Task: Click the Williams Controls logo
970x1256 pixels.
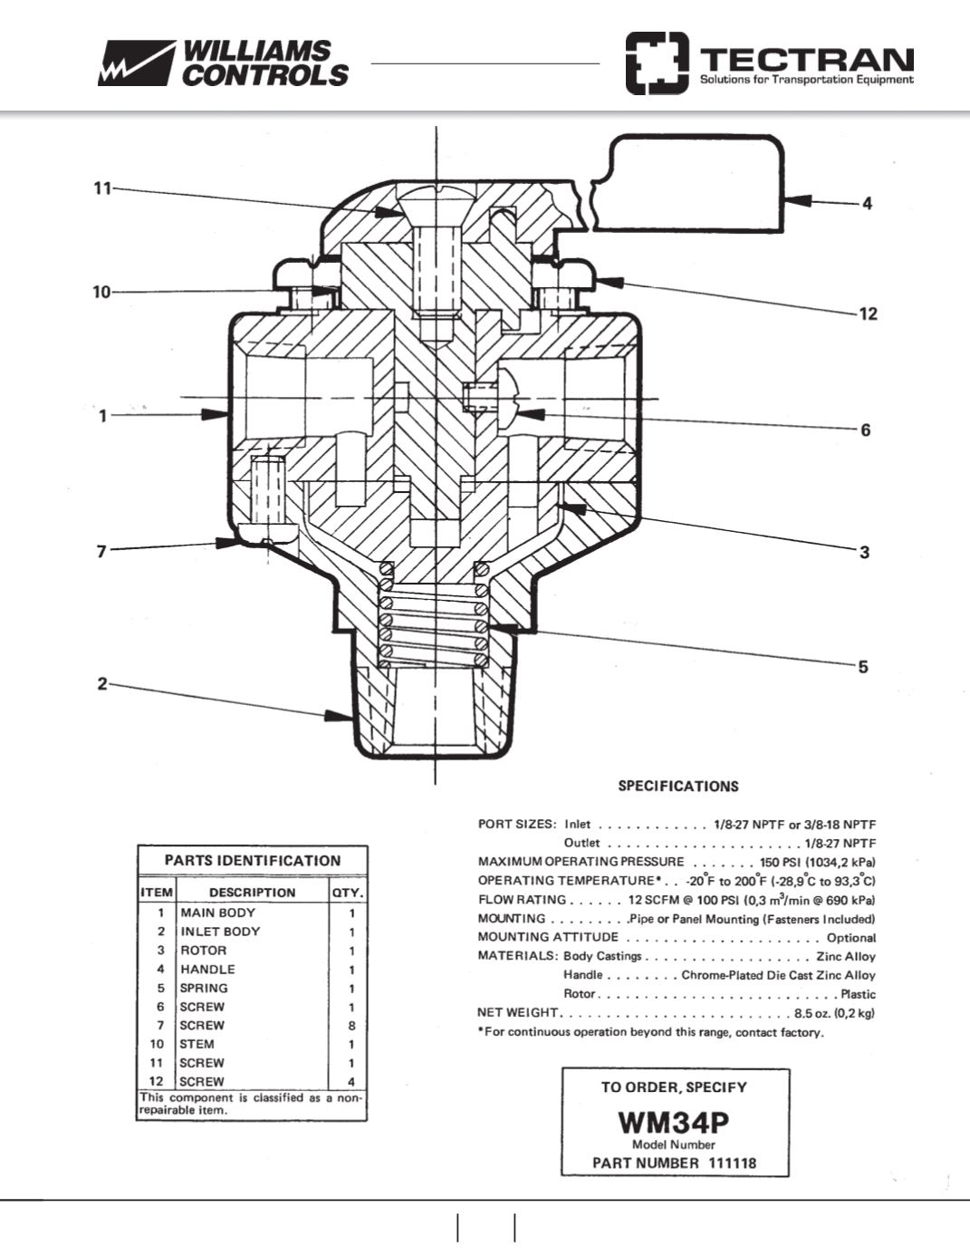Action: coord(223,63)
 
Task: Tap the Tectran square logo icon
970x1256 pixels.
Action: coord(658,63)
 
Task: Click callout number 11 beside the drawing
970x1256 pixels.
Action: coord(102,188)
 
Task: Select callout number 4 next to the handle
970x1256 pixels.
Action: coord(867,204)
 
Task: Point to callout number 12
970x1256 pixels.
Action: coord(868,314)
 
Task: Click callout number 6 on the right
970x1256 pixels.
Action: coord(866,430)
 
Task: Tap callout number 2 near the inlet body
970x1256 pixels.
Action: coord(102,684)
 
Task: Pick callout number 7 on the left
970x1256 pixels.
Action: coord(101,551)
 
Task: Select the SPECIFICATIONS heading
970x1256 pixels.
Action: coord(678,786)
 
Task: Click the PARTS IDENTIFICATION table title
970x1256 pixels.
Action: coord(253,861)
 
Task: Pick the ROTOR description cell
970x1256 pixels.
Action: coord(204,951)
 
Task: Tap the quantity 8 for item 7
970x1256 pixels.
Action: coord(351,1026)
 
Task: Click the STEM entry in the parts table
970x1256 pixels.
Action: coord(197,1045)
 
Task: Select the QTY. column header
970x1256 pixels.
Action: coord(348,893)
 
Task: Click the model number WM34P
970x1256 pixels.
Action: coord(674,1123)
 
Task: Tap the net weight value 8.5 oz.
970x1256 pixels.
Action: coord(812,1013)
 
